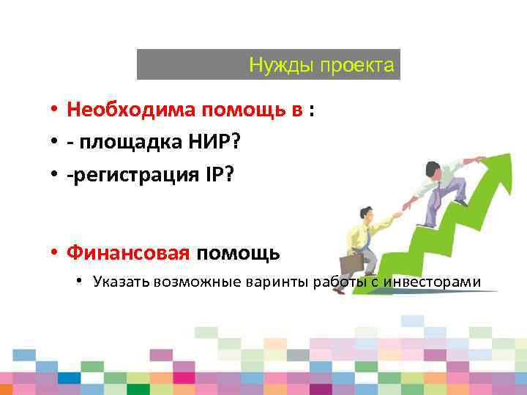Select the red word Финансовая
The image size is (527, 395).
(128, 253)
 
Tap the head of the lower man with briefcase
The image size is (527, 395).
(364, 215)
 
